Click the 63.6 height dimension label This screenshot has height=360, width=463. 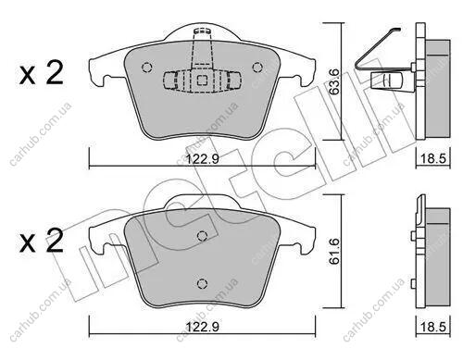(334, 81)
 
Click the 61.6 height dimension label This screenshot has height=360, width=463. (334, 251)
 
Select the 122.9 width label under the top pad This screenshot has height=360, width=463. (203, 159)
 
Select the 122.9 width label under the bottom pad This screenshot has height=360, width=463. (203, 327)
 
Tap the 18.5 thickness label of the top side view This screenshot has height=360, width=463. (433, 159)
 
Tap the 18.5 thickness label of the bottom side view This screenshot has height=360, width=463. (433, 327)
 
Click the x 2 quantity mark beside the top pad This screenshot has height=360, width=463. (42, 73)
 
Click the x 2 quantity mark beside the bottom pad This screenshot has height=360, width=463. (42, 241)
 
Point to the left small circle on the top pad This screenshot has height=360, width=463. (146, 68)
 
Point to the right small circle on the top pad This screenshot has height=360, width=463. (257, 68)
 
